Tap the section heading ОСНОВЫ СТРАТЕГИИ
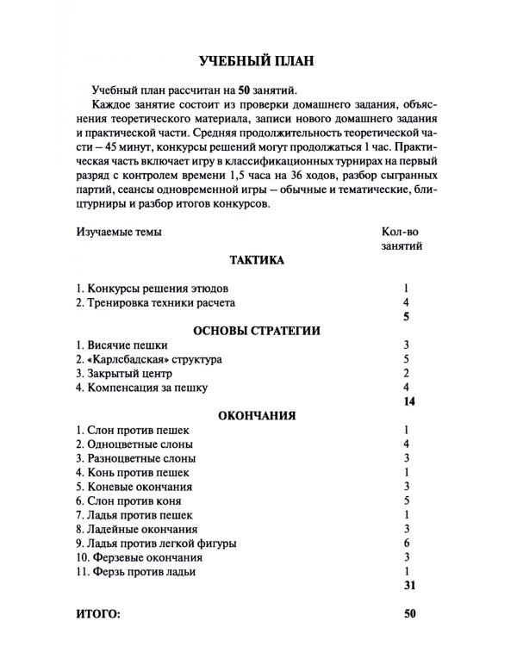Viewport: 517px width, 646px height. coord(258,330)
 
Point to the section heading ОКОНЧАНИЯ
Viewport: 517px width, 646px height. coord(258,414)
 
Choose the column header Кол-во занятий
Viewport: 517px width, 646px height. coord(402,239)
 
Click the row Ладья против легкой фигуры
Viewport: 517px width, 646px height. coord(155,543)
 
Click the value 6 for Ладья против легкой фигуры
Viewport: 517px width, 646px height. coord(404,543)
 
